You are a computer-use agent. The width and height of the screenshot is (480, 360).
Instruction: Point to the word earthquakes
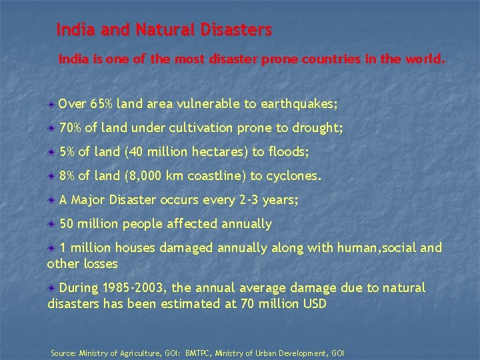[x=299, y=104]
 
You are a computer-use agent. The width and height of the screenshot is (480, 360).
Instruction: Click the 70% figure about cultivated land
[x=70, y=128]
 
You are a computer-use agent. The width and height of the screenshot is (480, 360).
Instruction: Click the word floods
[x=288, y=152]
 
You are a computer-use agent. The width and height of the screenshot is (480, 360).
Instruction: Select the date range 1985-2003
[x=135, y=288]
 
